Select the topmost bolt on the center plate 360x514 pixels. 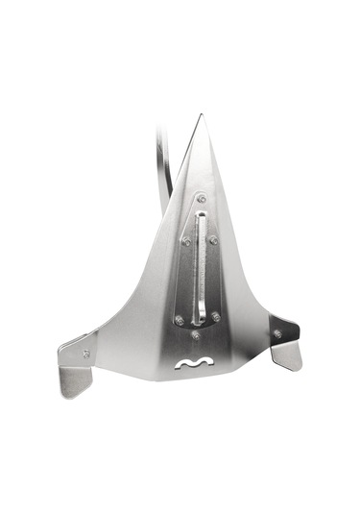(x=201, y=199)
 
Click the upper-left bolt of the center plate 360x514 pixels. (x=185, y=241)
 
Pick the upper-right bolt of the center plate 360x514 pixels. (x=213, y=240)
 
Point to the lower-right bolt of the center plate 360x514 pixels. (x=215, y=316)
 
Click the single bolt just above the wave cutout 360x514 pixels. (x=196, y=335)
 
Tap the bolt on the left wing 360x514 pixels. (x=86, y=354)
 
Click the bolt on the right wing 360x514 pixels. (x=277, y=333)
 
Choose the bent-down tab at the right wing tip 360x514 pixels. (x=287, y=356)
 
